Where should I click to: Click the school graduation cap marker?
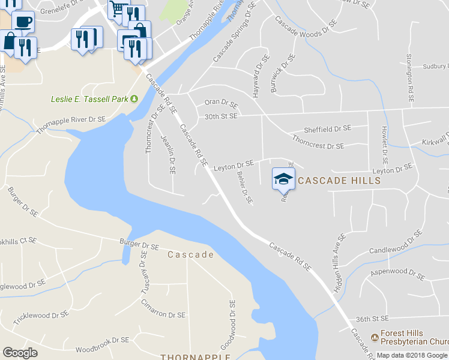(x=284, y=178)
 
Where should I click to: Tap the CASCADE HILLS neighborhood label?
(x=339, y=180)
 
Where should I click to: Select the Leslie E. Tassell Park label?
(x=89, y=98)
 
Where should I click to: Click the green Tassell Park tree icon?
(x=134, y=98)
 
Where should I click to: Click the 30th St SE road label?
(x=221, y=116)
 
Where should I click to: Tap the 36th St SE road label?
(x=372, y=319)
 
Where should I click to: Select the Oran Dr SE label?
(x=221, y=104)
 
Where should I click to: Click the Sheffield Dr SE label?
(x=327, y=128)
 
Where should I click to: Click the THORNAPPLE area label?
(x=195, y=357)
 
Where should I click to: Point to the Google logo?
(x=20, y=352)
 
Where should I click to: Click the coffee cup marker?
(x=23, y=22)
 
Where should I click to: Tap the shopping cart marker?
(x=118, y=8)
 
